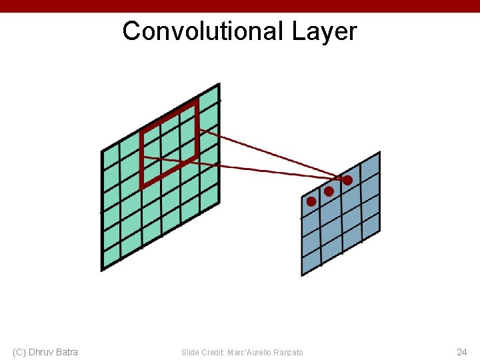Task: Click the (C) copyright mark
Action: (x=19, y=352)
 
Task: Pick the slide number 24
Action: (x=461, y=352)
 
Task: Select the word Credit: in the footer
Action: (x=213, y=352)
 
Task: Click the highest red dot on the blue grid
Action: (x=347, y=180)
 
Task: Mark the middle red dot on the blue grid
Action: (x=329, y=191)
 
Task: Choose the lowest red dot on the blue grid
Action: (x=311, y=201)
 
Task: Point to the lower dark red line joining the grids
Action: (x=253, y=169)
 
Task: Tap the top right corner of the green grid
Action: (x=219, y=85)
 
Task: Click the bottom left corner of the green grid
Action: (x=102, y=270)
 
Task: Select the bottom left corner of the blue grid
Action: (x=302, y=275)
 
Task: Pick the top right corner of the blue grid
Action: (x=379, y=153)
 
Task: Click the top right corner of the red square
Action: (x=197, y=101)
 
